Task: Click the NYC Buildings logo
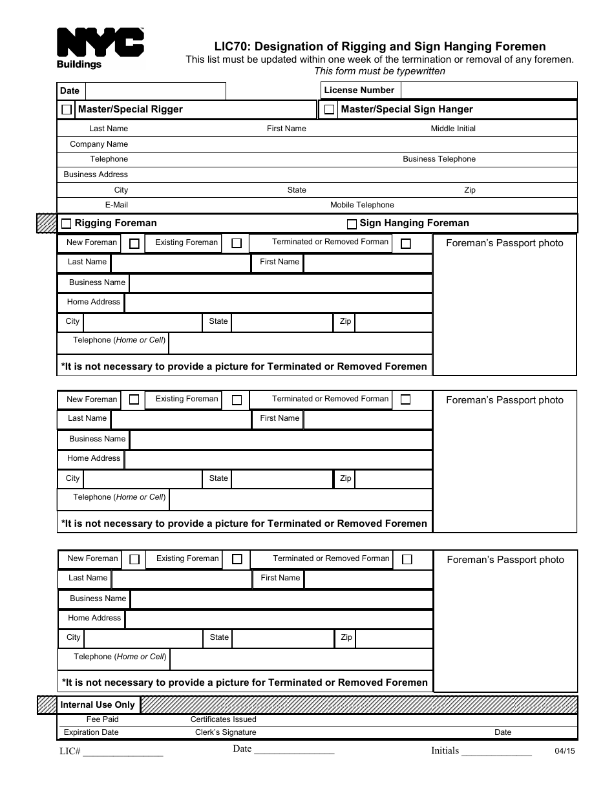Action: pyautogui.click(x=100, y=48)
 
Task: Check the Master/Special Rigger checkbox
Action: pyautogui.click(x=67, y=110)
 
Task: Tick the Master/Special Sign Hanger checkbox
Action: pyautogui.click(x=329, y=110)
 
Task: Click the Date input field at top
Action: pyautogui.click(x=155, y=90)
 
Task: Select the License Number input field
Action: pyautogui.click(x=489, y=90)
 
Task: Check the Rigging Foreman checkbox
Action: pyautogui.click(x=66, y=224)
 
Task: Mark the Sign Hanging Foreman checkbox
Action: pyautogui.click(x=352, y=224)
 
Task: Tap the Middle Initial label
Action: pyautogui.click(x=452, y=129)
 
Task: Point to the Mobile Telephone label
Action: pyautogui.click(x=362, y=205)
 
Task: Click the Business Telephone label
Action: pyautogui.click(x=439, y=159)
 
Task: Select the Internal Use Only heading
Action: pyautogui.click(x=98, y=705)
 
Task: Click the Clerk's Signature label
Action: pyautogui.click(x=226, y=732)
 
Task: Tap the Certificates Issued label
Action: pyautogui.click(x=223, y=719)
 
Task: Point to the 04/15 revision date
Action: pyautogui.click(x=564, y=751)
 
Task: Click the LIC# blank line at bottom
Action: pyautogui.click(x=122, y=752)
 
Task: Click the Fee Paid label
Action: pyautogui.click(x=102, y=719)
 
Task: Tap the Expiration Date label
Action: pyautogui.click(x=91, y=732)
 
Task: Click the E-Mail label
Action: pyautogui.click(x=116, y=205)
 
